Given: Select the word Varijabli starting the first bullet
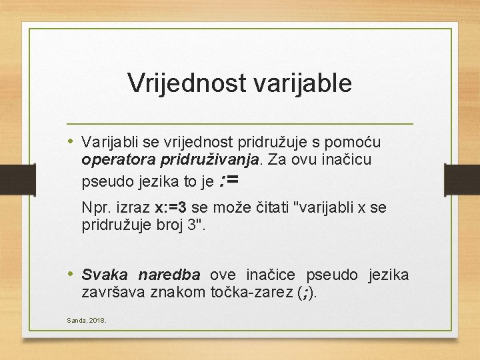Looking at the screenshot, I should point(106,142).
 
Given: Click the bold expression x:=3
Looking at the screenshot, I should point(171,207).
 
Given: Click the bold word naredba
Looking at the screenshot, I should point(169,275).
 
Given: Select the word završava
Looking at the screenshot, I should point(111,292).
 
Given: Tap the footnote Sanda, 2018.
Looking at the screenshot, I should point(86,321).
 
